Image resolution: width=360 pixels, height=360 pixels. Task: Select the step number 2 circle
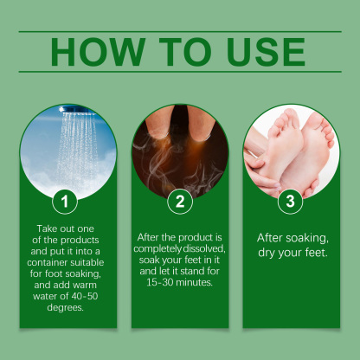(x=180, y=202)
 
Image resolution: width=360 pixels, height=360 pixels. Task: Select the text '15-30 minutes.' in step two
(x=180, y=281)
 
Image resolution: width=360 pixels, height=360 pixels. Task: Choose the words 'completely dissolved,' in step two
(x=180, y=247)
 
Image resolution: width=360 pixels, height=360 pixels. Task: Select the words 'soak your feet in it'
(x=180, y=259)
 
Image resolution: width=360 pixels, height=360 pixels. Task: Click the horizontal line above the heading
(x=180, y=32)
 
